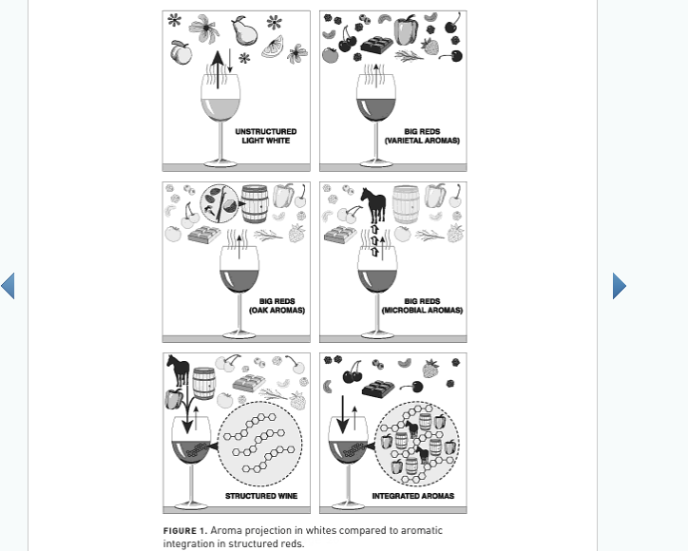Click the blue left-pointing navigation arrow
[8, 286]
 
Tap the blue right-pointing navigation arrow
[620, 286]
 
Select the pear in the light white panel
[244, 30]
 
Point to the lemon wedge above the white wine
[273, 47]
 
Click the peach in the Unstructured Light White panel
[181, 52]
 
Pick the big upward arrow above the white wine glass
[218, 69]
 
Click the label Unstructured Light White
[266, 136]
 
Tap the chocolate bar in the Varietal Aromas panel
[377, 45]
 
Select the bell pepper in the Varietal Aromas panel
[406, 29]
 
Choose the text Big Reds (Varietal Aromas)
[422, 136]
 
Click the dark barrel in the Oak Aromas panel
[255, 203]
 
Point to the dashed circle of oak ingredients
[220, 203]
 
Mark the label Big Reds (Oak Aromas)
[277, 306]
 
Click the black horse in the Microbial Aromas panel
[373, 205]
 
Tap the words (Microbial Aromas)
[422, 310]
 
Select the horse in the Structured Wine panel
[179, 370]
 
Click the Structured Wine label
[261, 496]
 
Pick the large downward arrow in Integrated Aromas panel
[343, 414]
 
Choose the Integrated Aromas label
[413, 496]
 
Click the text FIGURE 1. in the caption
[185, 531]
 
